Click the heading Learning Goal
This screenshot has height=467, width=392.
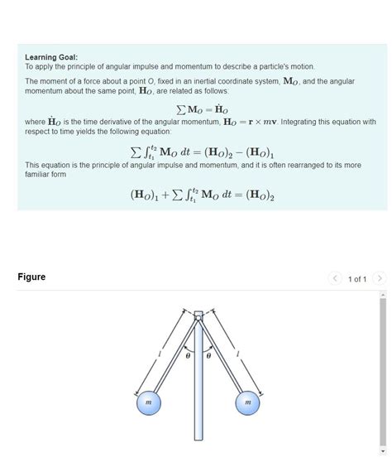51,57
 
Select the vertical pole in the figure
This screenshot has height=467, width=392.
198,389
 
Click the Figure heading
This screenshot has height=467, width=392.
31,277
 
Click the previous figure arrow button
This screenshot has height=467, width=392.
335,278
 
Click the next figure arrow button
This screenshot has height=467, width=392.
379,278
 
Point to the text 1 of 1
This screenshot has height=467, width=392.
357,279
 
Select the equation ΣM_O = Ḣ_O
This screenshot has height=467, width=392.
202,109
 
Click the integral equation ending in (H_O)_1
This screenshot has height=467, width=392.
202,152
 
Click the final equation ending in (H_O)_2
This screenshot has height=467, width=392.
202,195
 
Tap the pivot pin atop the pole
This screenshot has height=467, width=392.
198,315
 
